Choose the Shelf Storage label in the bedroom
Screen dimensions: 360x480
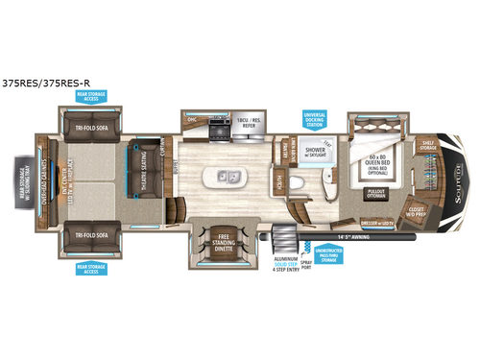(x=427, y=146)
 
